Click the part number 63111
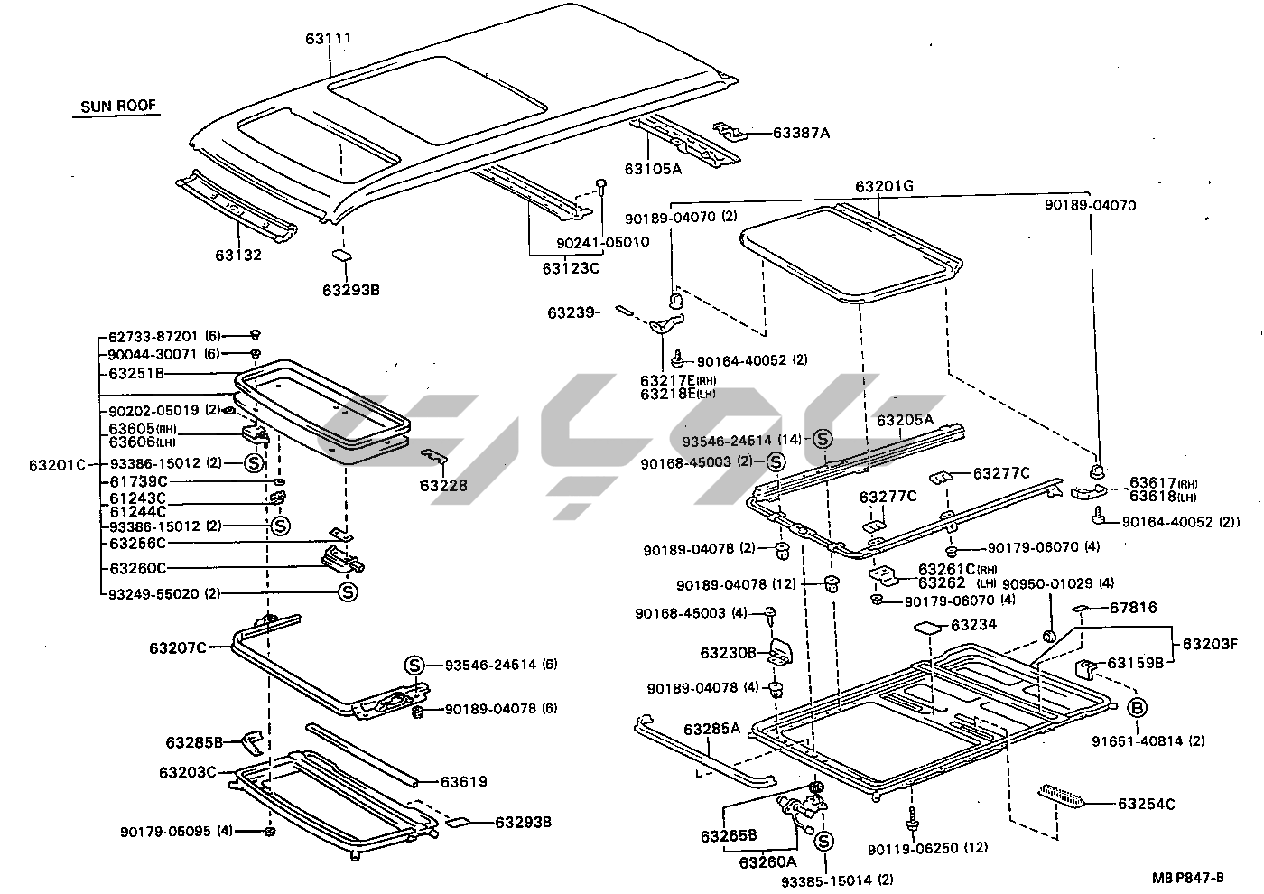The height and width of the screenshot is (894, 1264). click(x=328, y=39)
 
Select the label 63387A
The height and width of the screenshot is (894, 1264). click(x=801, y=134)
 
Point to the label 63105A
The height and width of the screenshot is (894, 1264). click(x=653, y=168)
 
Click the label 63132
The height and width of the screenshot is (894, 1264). click(x=238, y=255)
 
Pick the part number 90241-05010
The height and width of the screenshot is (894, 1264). click(x=602, y=242)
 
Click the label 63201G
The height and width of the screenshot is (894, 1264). click(x=885, y=187)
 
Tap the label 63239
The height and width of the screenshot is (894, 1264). click(x=571, y=312)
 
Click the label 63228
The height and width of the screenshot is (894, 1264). click(x=443, y=486)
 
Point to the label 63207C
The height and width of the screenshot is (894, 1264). click(x=179, y=647)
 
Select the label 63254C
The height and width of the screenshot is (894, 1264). click(x=1147, y=804)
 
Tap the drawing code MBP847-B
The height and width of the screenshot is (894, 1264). click(x=1187, y=877)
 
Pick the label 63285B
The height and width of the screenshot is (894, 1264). click(x=194, y=742)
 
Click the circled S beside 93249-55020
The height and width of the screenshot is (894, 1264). click(x=348, y=592)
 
